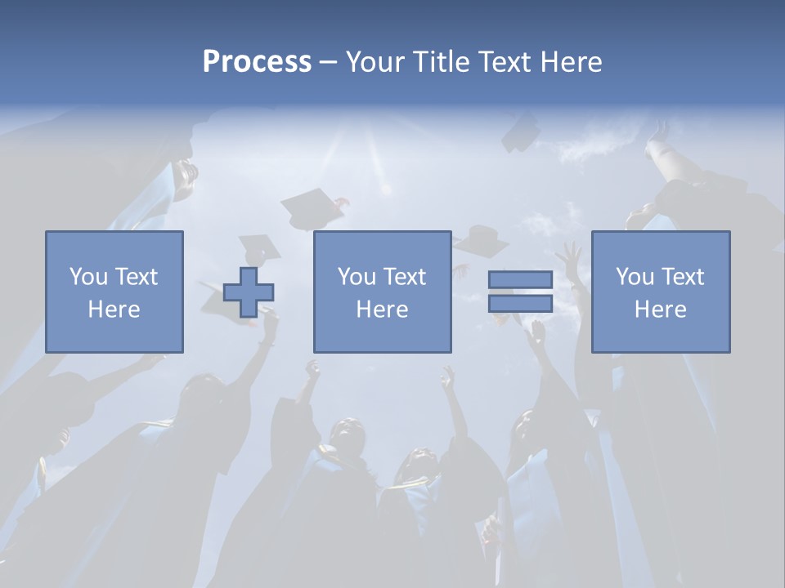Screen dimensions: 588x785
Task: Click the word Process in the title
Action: pyautogui.click(x=257, y=62)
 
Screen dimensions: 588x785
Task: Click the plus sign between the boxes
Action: pyautogui.click(x=249, y=292)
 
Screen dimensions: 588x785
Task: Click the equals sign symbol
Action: pyautogui.click(x=520, y=292)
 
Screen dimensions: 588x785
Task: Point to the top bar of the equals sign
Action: pyautogui.click(x=520, y=280)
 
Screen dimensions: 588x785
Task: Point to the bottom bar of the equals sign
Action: pyautogui.click(x=520, y=304)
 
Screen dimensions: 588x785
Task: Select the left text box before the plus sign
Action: pyautogui.click(x=114, y=292)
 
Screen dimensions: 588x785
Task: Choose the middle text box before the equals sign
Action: pyautogui.click(x=382, y=292)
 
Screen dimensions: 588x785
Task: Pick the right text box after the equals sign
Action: pyautogui.click(x=660, y=292)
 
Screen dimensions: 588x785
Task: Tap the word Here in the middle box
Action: pyautogui.click(x=382, y=310)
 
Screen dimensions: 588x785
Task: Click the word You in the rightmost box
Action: pyautogui.click(x=635, y=277)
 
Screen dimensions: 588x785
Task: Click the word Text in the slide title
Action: pyautogui.click(x=501, y=62)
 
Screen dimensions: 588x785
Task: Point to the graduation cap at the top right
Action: pyautogui.click(x=521, y=132)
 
